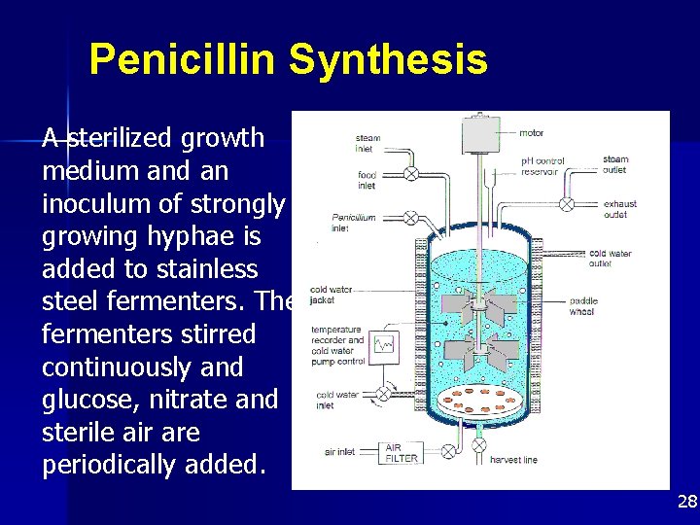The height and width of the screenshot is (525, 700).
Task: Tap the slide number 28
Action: [x=687, y=502]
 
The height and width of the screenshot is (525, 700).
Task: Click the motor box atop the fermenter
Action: [x=477, y=140]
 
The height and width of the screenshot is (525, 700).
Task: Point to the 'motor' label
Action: [x=532, y=133]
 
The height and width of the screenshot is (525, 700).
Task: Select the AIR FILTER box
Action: [x=402, y=452]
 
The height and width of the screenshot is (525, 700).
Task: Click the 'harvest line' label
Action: [x=514, y=460]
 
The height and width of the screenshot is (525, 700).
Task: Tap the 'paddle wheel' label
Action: [x=582, y=307]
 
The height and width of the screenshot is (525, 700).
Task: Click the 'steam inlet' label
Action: [x=368, y=144]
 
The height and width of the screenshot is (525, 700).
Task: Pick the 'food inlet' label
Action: [x=367, y=181]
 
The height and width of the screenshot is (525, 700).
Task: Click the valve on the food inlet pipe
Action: [x=410, y=174]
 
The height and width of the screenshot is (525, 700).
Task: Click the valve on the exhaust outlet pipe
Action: [x=565, y=205]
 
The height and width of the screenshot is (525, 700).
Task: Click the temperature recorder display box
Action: [x=385, y=344]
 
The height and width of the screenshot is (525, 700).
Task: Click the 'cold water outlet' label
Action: [x=611, y=259]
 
